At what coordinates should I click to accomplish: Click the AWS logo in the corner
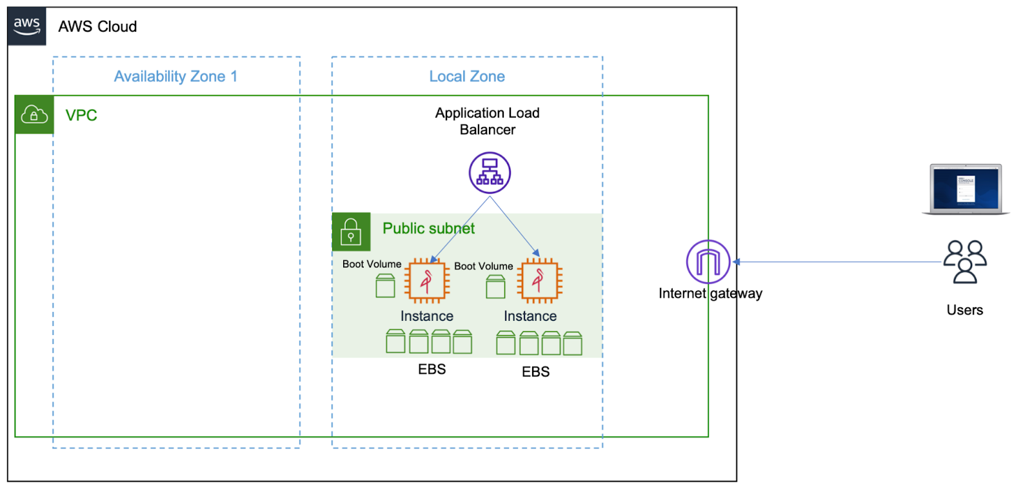[26, 26]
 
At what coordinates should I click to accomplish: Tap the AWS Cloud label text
[97, 26]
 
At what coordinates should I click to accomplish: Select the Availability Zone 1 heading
[175, 76]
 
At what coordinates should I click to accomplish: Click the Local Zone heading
[467, 76]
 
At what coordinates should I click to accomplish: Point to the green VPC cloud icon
[34, 115]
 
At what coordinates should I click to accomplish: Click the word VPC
[81, 116]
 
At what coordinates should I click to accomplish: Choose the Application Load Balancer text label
[487, 121]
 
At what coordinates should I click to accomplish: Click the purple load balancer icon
[490, 173]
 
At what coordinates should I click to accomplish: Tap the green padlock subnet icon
[351, 231]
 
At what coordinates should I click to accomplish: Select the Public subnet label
[428, 228]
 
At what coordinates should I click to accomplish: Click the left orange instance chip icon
[426, 281]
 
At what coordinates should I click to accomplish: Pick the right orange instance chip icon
[539, 281]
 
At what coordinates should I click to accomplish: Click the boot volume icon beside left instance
[385, 285]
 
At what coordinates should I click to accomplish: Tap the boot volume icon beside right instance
[495, 287]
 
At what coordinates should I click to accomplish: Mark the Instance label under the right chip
[530, 316]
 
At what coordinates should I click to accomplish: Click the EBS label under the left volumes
[432, 369]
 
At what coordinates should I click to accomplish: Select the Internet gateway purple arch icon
[708, 261]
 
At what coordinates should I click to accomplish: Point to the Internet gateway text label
[710, 294]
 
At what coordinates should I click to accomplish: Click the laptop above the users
[966, 189]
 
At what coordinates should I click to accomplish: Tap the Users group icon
[965, 261]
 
